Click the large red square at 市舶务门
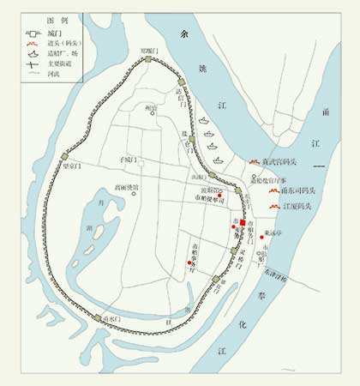coord(243,224)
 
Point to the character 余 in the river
coord(180,33)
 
